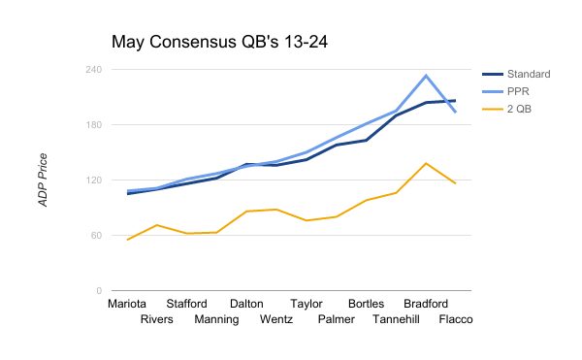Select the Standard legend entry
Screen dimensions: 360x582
point(529,74)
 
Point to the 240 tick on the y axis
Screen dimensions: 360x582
point(93,70)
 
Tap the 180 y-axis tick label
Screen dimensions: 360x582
point(93,125)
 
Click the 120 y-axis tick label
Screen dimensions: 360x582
point(93,180)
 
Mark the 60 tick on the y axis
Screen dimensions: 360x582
point(96,236)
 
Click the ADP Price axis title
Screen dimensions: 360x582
point(43,180)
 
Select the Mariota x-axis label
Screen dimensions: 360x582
point(127,303)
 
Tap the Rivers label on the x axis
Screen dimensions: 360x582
point(157,319)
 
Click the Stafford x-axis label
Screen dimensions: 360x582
point(186,303)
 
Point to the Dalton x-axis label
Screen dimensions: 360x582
point(246,303)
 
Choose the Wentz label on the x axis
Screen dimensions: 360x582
point(277,319)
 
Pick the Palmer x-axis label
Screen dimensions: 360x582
point(337,319)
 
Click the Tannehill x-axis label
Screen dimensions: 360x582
point(397,319)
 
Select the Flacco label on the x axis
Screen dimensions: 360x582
point(456,319)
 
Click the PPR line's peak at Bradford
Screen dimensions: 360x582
point(426,76)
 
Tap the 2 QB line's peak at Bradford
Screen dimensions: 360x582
point(426,163)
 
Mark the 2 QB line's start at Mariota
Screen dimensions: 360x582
point(128,240)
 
